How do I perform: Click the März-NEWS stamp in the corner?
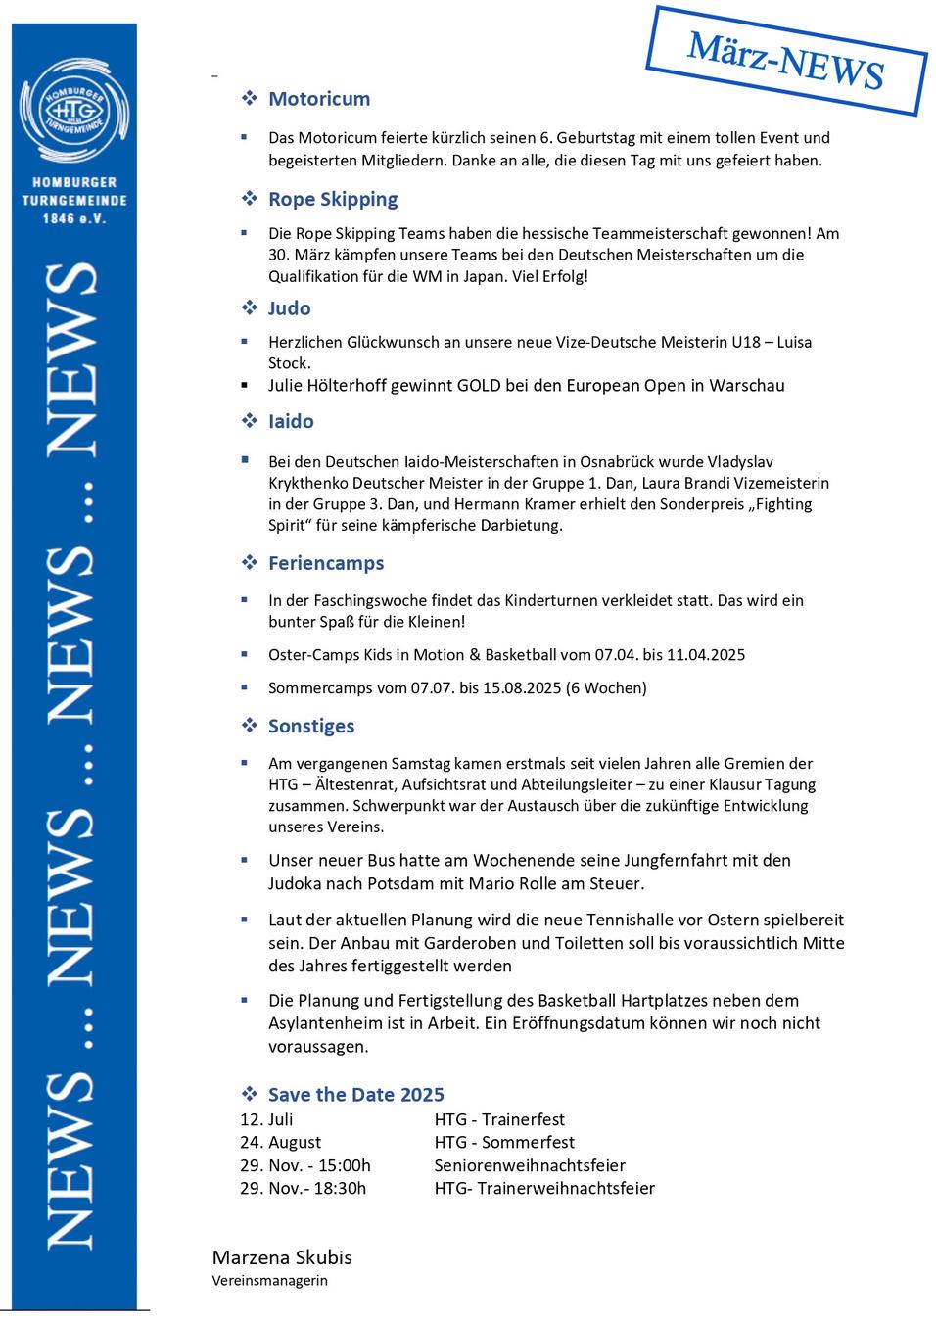tap(786, 61)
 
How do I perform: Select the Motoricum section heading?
tap(319, 99)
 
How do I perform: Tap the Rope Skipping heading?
tap(333, 199)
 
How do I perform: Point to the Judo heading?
tap(289, 308)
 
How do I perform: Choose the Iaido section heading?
tap(291, 422)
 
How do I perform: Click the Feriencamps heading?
tap(326, 563)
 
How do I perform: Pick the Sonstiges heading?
tap(311, 726)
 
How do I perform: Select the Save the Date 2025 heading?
tap(355, 1095)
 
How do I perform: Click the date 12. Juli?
tap(266, 1119)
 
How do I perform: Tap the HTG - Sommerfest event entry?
tap(504, 1142)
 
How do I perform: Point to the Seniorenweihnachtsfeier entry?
tap(530, 1165)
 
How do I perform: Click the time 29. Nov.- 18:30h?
tap(304, 1188)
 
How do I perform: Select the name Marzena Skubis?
tap(282, 1257)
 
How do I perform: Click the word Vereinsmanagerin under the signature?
tap(270, 1280)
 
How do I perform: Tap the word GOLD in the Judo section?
tap(479, 385)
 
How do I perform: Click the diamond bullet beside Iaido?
tap(250, 421)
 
